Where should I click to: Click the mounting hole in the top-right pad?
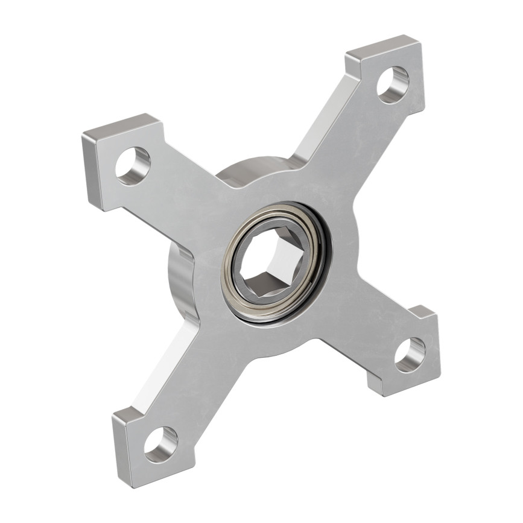click(393, 84)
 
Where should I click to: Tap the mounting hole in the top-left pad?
click(133, 166)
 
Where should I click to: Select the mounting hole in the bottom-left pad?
click(160, 445)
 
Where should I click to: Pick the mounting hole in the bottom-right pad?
click(410, 355)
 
